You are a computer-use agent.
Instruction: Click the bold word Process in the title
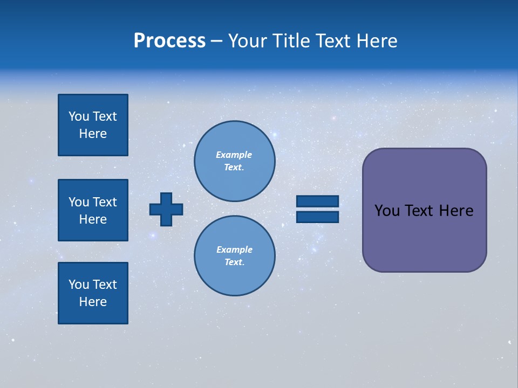[x=169, y=41]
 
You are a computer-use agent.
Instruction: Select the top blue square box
[x=93, y=125]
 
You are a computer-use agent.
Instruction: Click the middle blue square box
[x=93, y=210]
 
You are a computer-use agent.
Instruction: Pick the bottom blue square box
[x=93, y=293]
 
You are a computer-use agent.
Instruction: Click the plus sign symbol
[x=166, y=209]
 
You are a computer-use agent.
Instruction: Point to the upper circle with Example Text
[x=234, y=161]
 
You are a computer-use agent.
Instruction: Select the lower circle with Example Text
[x=234, y=255]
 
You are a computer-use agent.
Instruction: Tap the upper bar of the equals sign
[x=317, y=201]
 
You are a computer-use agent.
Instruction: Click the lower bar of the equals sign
[x=317, y=217]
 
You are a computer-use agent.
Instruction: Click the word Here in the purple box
[x=456, y=211]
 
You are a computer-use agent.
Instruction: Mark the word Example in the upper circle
[x=234, y=155]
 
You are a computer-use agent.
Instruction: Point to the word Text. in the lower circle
[x=234, y=262]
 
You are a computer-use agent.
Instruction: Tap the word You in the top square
[x=78, y=116]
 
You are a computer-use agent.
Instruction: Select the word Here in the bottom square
[x=93, y=302]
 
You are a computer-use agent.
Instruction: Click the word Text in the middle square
[x=105, y=202]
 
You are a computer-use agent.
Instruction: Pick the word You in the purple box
[x=387, y=211]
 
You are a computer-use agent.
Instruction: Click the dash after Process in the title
[x=217, y=41]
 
